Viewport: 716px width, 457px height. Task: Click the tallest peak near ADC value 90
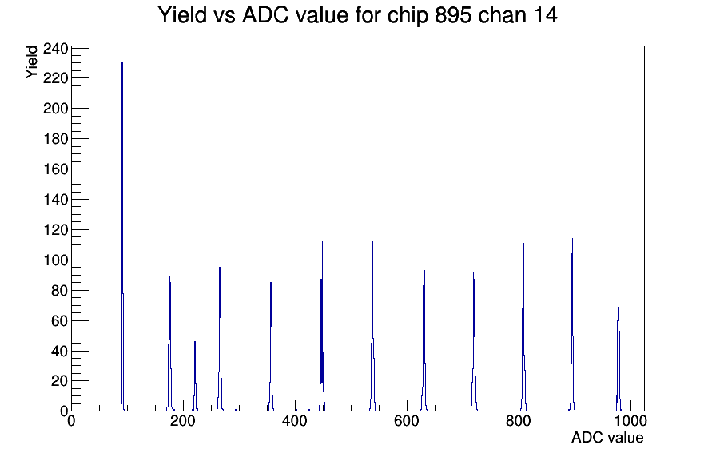pyautogui.click(x=122, y=236)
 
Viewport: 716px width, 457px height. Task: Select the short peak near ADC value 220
pyautogui.click(x=195, y=376)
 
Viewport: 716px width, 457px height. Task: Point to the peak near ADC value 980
pyautogui.click(x=619, y=315)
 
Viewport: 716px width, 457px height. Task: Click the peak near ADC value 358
pyautogui.click(x=271, y=347)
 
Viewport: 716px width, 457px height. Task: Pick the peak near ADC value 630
pyautogui.click(x=424, y=340)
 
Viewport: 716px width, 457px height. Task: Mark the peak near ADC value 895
pyautogui.click(x=572, y=324)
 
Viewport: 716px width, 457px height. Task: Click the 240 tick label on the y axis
pyautogui.click(x=55, y=49)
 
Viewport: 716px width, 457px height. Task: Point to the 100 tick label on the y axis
pyautogui.click(x=55, y=260)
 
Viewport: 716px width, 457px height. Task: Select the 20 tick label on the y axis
pyautogui.click(x=59, y=381)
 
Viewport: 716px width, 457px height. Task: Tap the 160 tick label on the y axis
pyautogui.click(x=55, y=169)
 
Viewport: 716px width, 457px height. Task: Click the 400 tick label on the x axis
pyautogui.click(x=295, y=420)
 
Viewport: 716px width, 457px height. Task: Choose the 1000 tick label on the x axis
pyautogui.click(x=630, y=420)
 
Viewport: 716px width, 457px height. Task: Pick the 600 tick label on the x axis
pyautogui.click(x=407, y=420)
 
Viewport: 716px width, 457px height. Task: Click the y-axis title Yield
pyautogui.click(x=31, y=62)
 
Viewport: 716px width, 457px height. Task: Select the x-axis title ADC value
pyautogui.click(x=607, y=437)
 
